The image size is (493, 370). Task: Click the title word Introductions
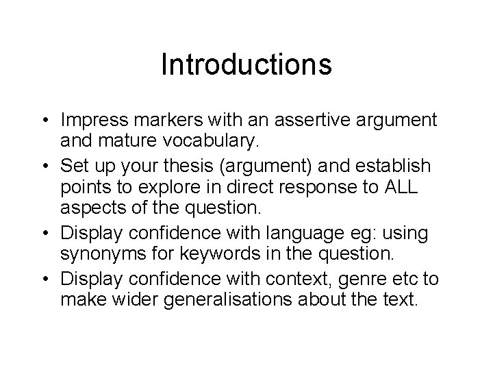point(246,64)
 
